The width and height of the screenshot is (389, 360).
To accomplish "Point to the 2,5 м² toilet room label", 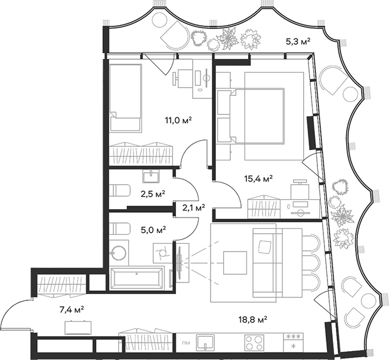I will pyautogui.click(x=152, y=193).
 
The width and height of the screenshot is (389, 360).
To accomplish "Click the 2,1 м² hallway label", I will pyautogui.click(x=193, y=207).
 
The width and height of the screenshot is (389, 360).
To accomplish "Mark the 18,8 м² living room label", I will pyautogui.click(x=253, y=319).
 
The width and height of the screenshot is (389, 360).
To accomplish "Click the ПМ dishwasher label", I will pyautogui.click(x=187, y=343).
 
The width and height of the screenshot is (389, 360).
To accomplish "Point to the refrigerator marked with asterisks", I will pyautogui.click(x=293, y=342).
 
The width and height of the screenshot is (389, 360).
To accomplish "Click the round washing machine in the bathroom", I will pyautogui.click(x=119, y=253).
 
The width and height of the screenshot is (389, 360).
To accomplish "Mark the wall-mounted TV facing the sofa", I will pyautogui.click(x=178, y=260).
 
